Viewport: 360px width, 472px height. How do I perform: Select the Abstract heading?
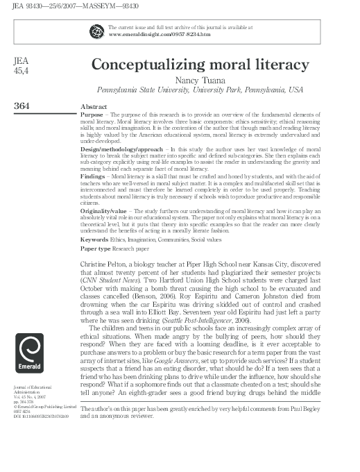point(93,108)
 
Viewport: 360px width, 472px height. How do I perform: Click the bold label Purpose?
point(92,113)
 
